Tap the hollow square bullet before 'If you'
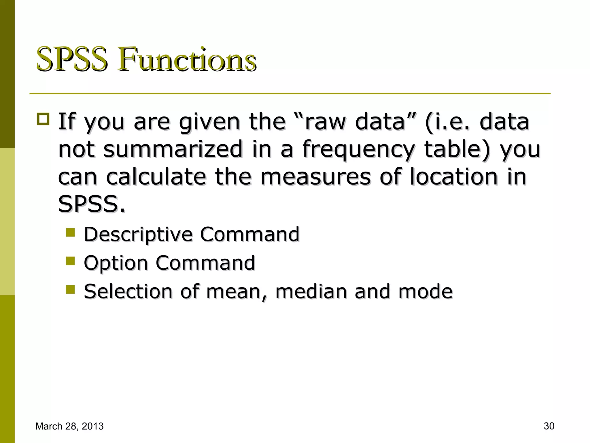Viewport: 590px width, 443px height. click(x=43, y=119)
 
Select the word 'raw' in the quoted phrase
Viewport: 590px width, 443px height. click(x=325, y=122)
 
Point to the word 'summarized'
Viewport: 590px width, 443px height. click(x=173, y=149)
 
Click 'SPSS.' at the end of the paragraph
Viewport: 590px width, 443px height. click(x=92, y=204)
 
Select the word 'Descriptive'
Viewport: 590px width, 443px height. click(x=138, y=234)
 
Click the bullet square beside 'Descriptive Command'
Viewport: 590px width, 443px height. click(x=70, y=232)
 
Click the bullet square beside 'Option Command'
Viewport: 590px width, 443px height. click(x=70, y=261)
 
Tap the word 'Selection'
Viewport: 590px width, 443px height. click(x=128, y=291)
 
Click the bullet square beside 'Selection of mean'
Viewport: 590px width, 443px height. click(x=70, y=289)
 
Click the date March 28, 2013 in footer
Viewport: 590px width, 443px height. click(x=69, y=426)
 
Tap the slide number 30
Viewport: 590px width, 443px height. click(x=549, y=426)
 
